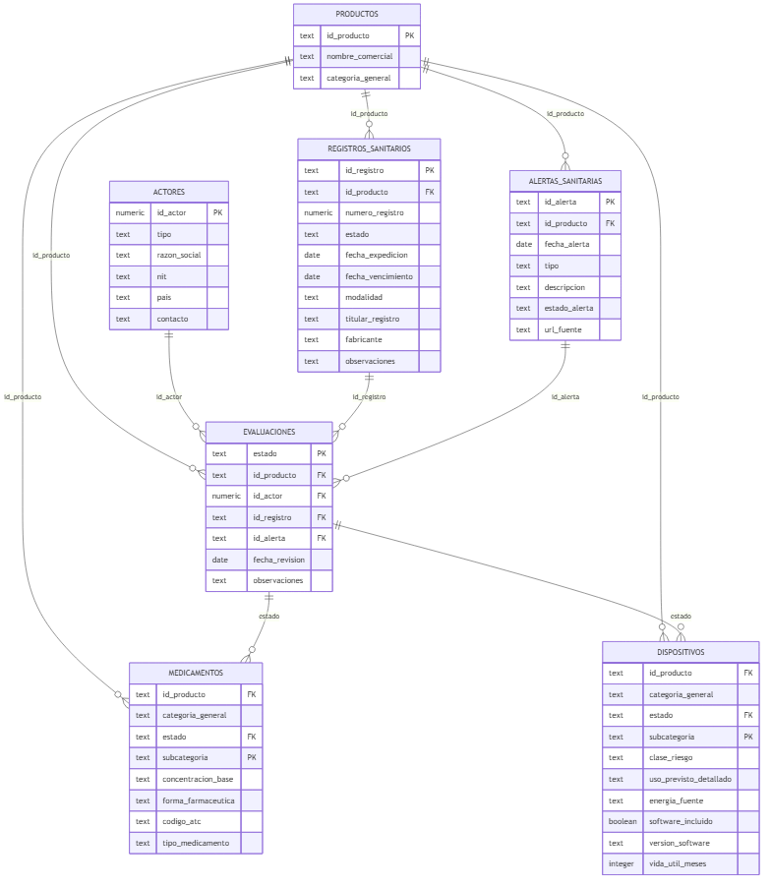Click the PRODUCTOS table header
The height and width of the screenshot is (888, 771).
[356, 14]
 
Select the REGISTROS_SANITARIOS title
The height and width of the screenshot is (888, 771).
[369, 148]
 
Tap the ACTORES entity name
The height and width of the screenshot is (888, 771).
[169, 192]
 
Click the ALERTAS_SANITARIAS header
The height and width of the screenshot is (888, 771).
[564, 181]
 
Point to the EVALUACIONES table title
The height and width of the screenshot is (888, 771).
[269, 432]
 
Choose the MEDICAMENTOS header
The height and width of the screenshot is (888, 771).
[196, 673]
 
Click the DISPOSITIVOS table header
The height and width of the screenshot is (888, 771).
[681, 652]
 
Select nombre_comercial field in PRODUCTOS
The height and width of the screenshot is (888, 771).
[359, 57]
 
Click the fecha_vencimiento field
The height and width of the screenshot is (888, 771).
[379, 276]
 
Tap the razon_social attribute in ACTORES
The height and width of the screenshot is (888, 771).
[178, 256]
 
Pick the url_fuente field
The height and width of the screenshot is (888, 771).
[563, 329]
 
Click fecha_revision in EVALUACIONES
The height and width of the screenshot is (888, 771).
[278, 560]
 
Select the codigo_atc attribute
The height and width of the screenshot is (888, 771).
[181, 822]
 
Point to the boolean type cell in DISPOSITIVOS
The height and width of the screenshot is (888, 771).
[622, 822]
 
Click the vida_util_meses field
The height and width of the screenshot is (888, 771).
[678, 864]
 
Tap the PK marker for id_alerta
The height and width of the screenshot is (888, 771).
[610, 203]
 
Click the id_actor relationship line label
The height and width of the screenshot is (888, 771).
[169, 397]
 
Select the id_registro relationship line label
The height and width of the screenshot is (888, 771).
[369, 397]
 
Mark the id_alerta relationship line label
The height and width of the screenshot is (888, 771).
[564, 397]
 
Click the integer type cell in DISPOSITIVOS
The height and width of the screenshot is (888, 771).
[621, 864]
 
